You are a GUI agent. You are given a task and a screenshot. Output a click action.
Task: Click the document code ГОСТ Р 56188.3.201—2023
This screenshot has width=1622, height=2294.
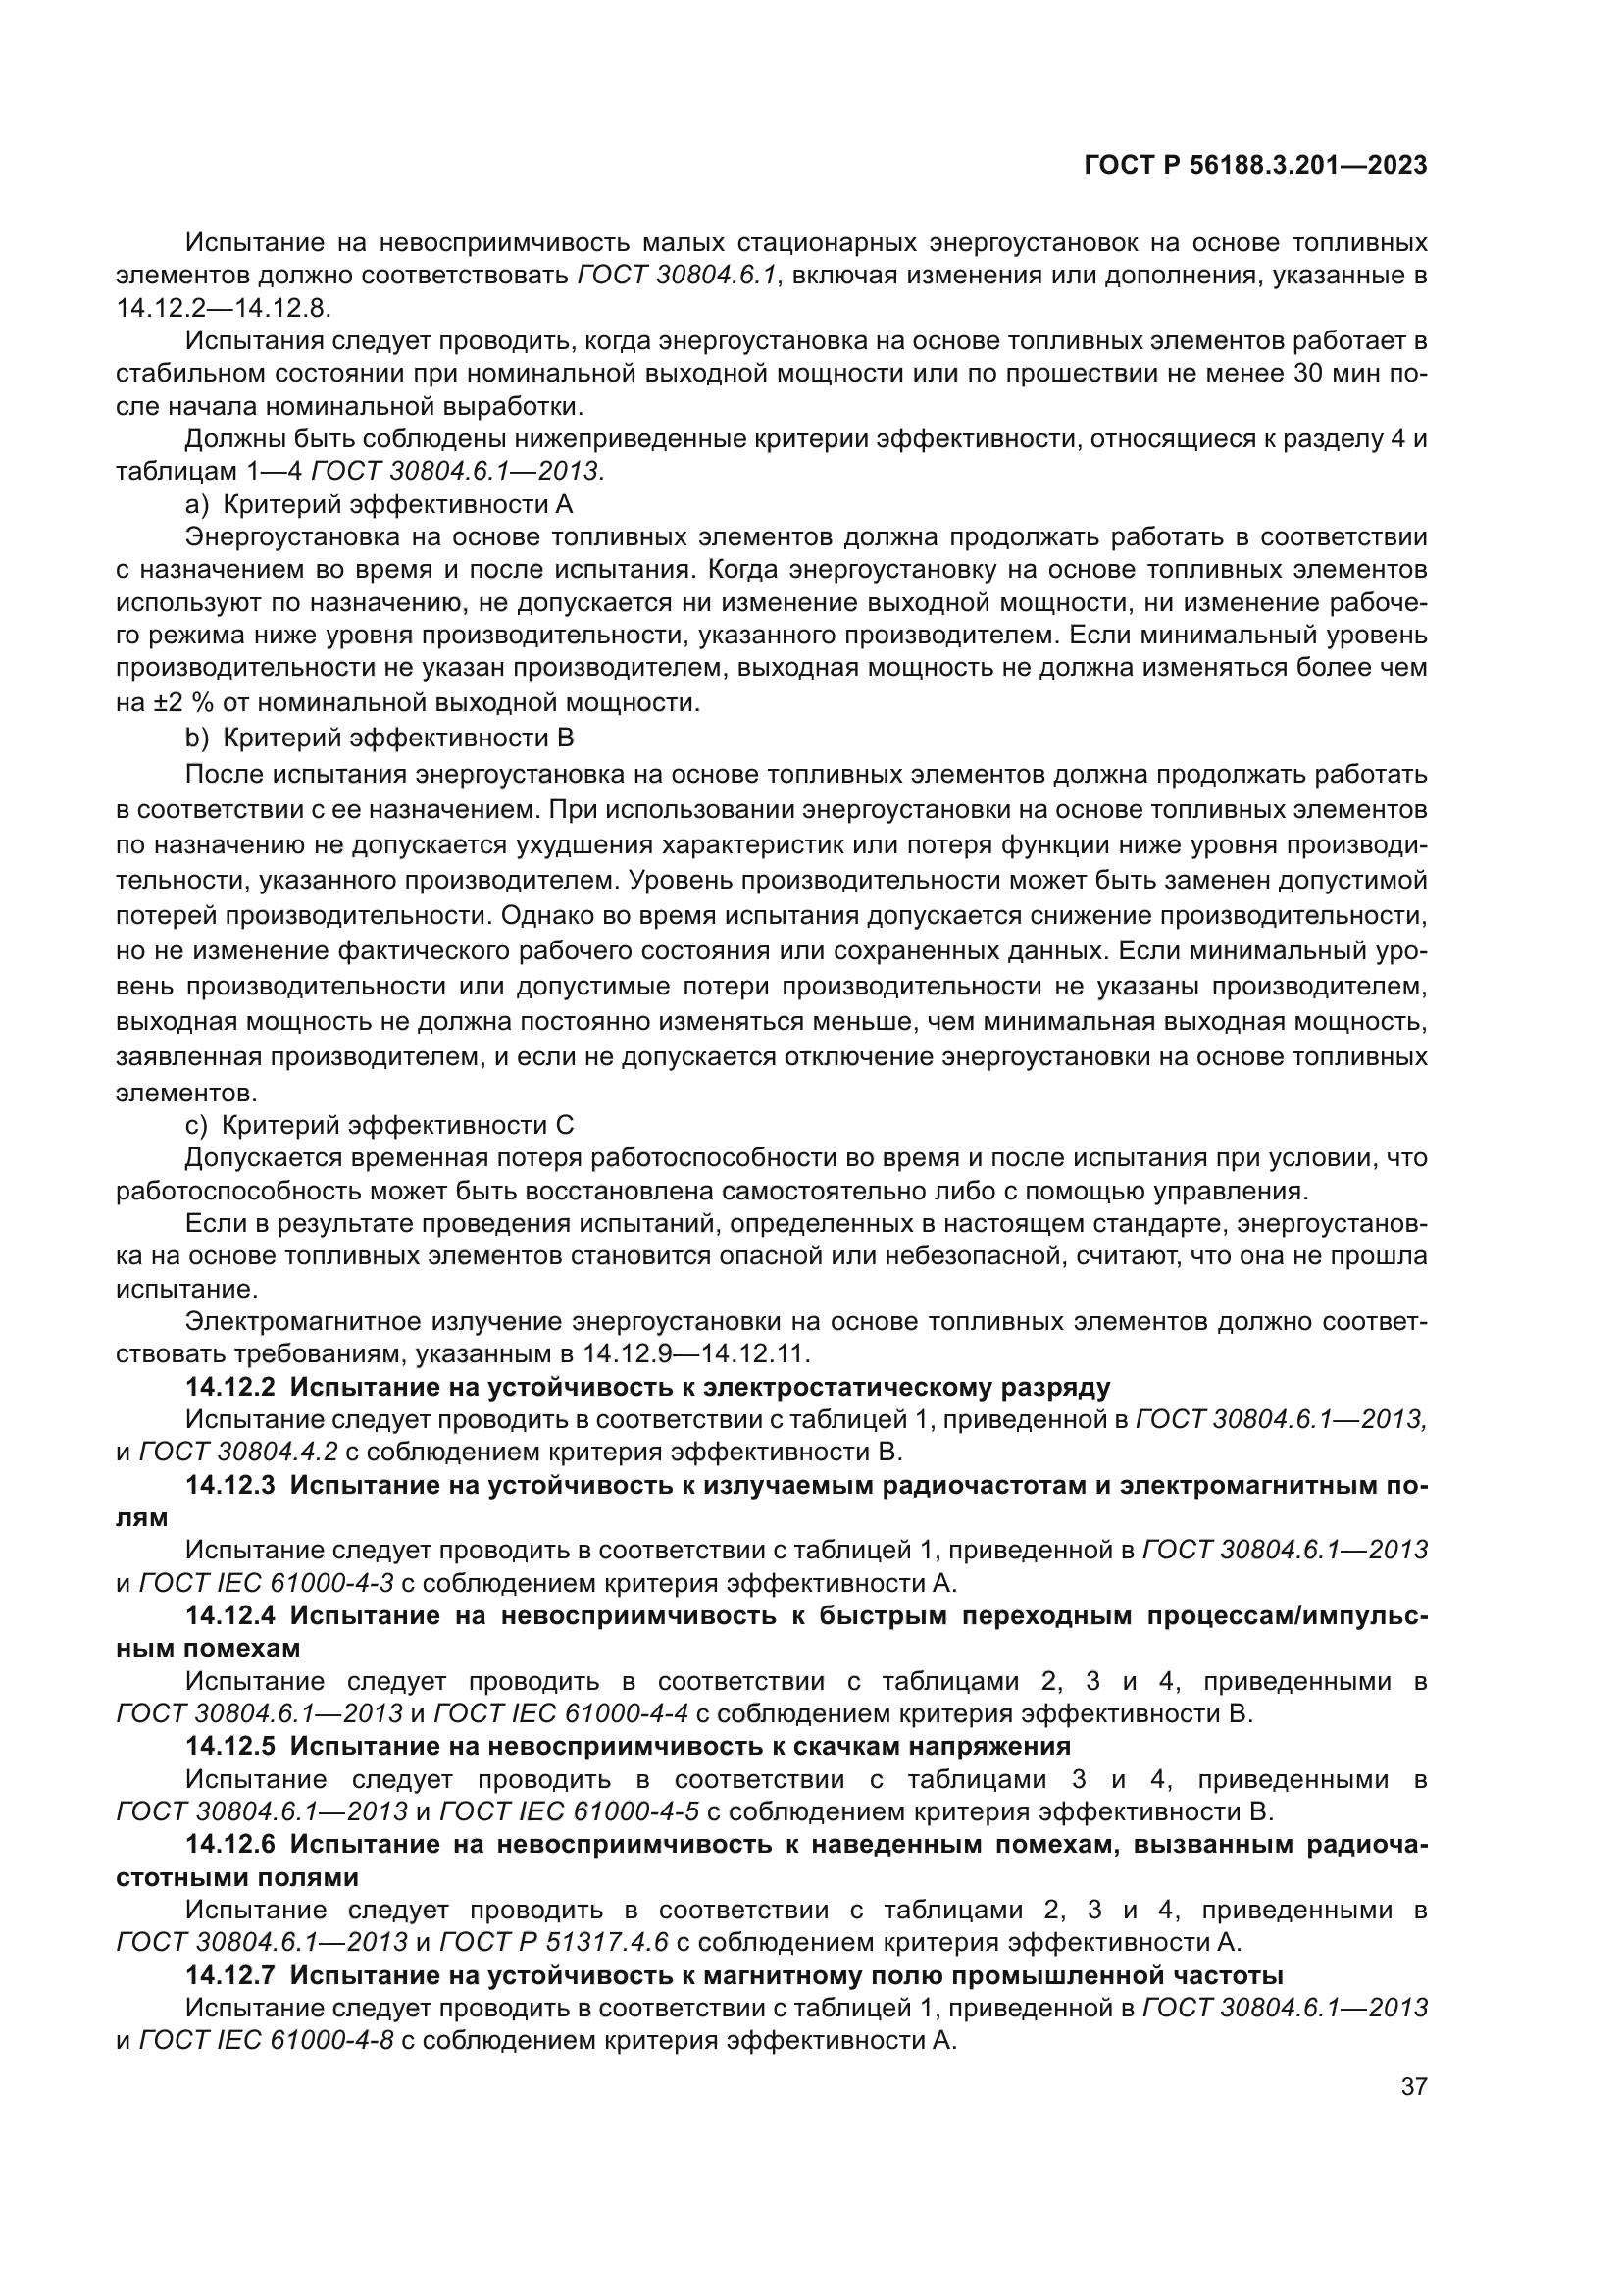1255,166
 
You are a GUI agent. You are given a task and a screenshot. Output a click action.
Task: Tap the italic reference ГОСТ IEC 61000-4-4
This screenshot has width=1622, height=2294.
562,1713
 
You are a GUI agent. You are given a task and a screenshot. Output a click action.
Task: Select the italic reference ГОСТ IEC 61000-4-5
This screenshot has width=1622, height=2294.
570,1810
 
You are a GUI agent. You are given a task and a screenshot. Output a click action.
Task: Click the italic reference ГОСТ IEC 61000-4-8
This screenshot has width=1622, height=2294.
267,2039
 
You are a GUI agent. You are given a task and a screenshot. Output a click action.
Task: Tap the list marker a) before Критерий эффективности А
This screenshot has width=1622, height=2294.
197,503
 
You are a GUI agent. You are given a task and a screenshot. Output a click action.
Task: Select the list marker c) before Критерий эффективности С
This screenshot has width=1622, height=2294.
196,1125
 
